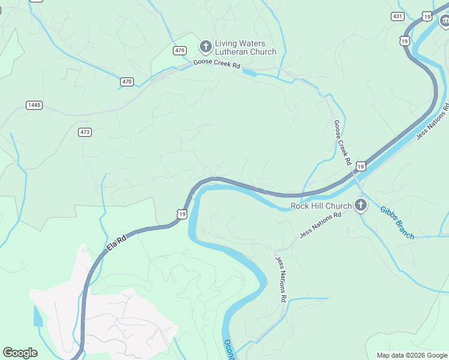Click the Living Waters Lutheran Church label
point(246,47)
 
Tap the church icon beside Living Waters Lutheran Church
point(205,46)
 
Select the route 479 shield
point(180,50)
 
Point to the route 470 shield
point(127,81)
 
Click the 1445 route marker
point(34,105)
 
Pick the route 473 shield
point(85,131)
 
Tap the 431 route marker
point(397,16)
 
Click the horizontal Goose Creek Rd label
point(216,65)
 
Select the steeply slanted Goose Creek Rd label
point(342,142)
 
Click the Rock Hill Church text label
point(321,206)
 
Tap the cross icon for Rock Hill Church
point(360,206)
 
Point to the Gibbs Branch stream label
point(397,223)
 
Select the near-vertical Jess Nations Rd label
point(282,279)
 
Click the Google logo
point(20,353)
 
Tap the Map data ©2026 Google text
point(412,355)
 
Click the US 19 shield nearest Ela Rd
point(182,213)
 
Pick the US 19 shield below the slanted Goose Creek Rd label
point(360,165)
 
